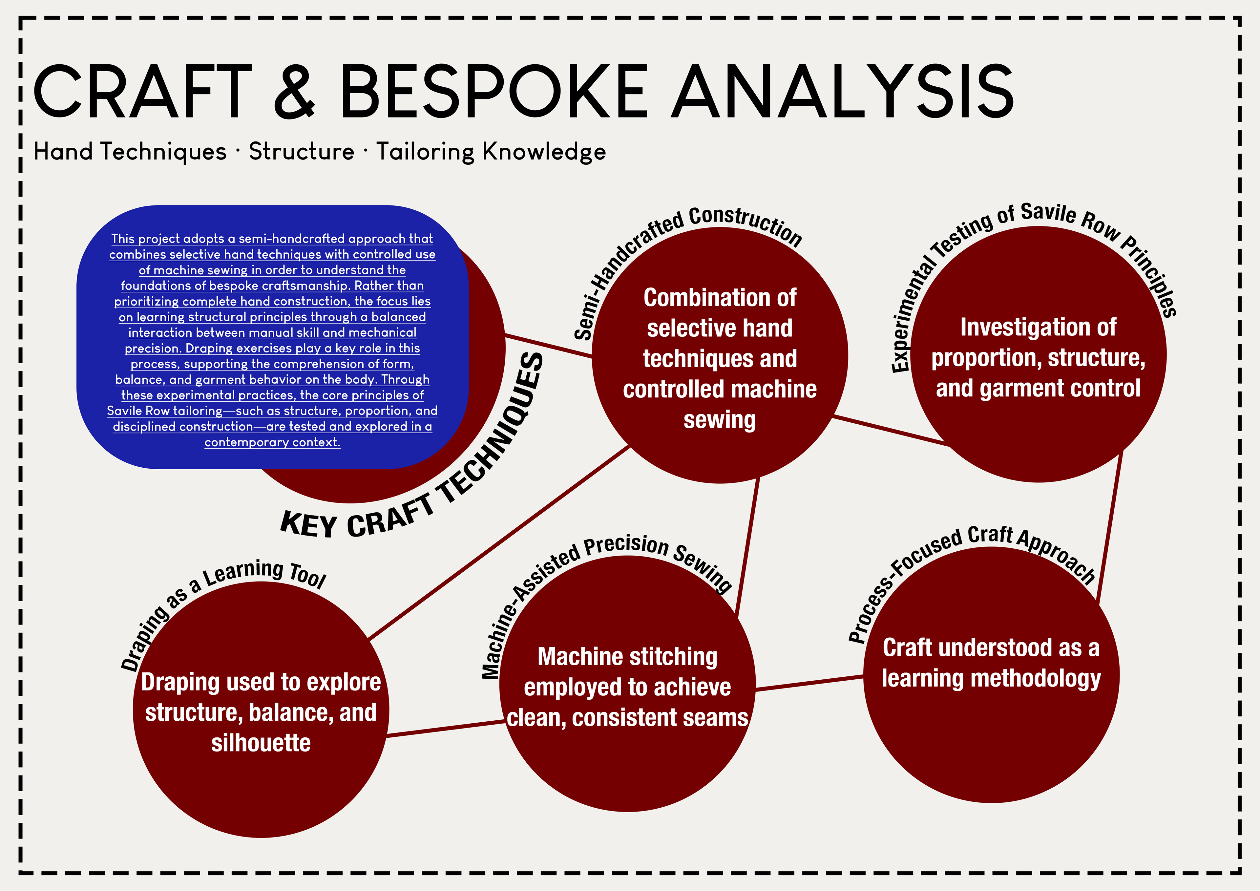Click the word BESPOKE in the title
coord(493,91)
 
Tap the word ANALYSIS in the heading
coord(844,91)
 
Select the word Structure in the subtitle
coord(301,152)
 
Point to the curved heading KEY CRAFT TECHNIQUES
coord(417,483)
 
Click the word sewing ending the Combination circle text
coord(720,420)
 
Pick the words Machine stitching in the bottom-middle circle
coord(627,657)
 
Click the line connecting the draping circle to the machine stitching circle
coord(445,729)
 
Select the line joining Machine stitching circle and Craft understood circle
coord(809,684)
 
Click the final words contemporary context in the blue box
coord(272,442)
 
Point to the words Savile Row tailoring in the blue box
coord(165,411)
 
